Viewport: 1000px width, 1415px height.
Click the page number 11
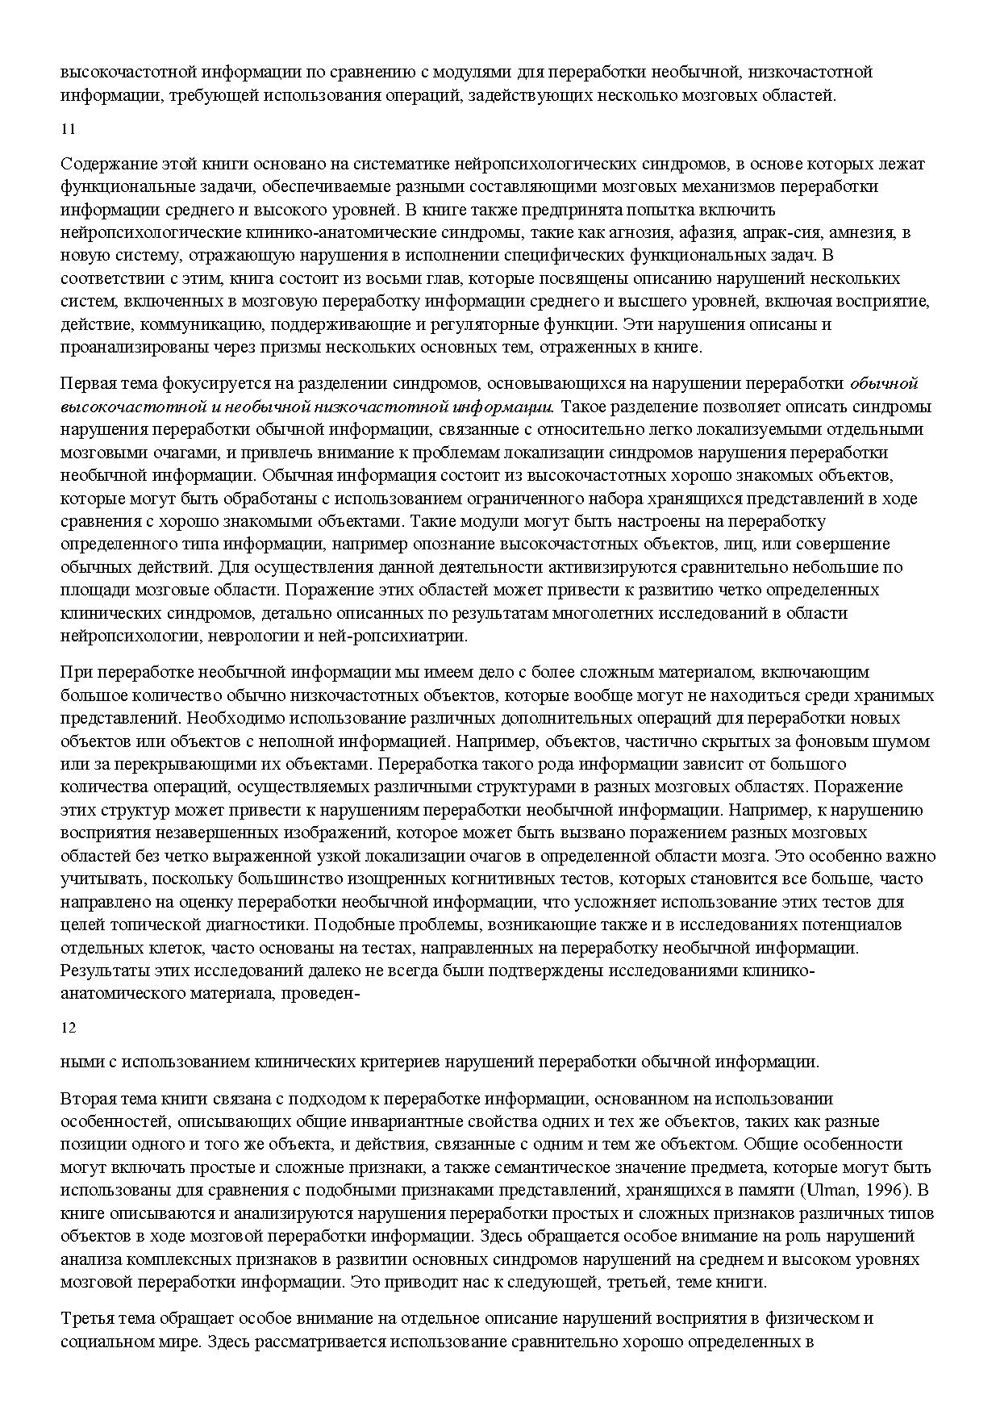click(68, 128)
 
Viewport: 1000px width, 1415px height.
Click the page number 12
click(68, 1027)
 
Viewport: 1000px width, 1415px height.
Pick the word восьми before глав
click(366, 279)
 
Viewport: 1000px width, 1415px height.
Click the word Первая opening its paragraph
click(90, 383)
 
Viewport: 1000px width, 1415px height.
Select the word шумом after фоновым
click(905, 741)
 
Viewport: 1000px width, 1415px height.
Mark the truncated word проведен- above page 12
click(319, 992)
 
